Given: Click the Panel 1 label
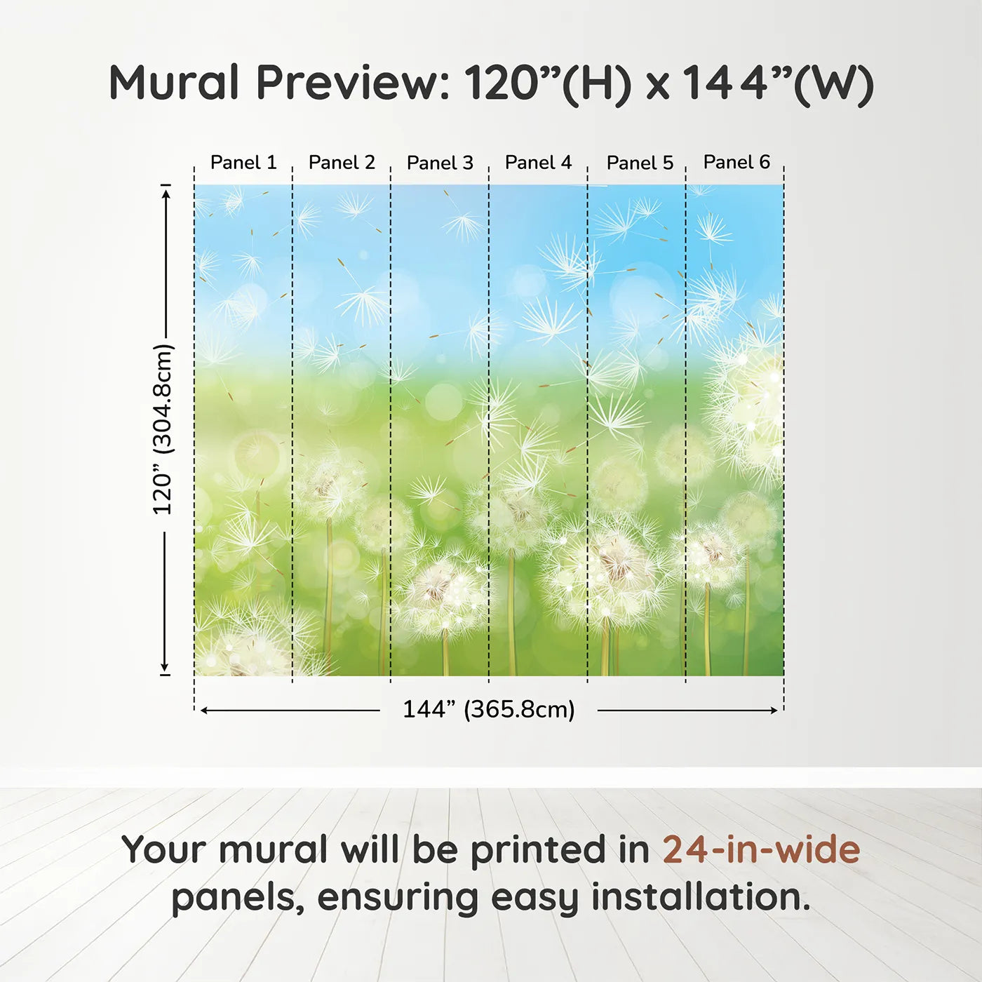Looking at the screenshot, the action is (x=243, y=163).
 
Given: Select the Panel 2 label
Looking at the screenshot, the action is (x=342, y=163).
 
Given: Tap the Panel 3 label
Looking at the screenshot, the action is (x=440, y=163).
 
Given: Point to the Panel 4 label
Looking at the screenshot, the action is (x=539, y=163).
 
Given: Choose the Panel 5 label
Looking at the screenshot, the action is (x=640, y=163).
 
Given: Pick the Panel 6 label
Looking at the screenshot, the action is (x=737, y=162).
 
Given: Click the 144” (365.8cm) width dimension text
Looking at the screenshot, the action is (x=489, y=709).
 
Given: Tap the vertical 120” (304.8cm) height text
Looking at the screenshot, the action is (x=163, y=429).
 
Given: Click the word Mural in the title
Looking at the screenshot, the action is (x=174, y=83).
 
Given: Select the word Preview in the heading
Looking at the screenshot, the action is (x=353, y=83).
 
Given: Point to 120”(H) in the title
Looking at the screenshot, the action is (x=548, y=84).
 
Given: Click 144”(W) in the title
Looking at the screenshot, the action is (x=778, y=84).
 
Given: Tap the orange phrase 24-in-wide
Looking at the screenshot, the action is (x=761, y=849).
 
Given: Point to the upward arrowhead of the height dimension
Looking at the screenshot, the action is (x=165, y=193).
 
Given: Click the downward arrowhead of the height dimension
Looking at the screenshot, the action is (x=165, y=668).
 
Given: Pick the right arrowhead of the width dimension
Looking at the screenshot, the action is (x=773, y=711).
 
